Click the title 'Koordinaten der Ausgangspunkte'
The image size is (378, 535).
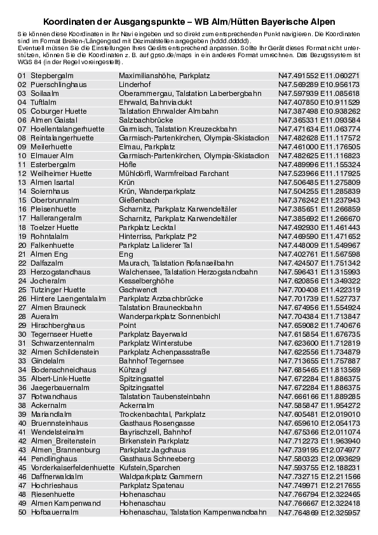coord(189,22)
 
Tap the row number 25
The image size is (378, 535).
coord(22,289)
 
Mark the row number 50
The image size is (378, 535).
coord(22,511)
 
